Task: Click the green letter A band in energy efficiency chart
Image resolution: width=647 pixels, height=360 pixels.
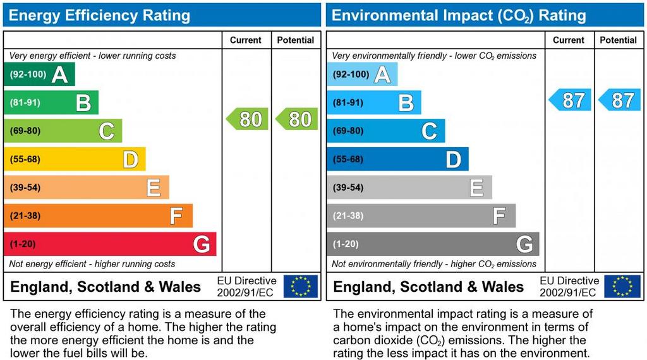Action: coord(39,75)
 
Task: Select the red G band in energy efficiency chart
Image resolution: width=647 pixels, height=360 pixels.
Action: coord(110,244)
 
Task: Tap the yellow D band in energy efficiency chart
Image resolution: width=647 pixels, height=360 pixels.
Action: coord(75,159)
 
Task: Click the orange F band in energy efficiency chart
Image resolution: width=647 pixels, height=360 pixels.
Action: coord(98,216)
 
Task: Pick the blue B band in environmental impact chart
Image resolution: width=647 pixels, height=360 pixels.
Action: coord(374,102)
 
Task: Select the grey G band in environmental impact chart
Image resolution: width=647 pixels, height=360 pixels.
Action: coord(433,244)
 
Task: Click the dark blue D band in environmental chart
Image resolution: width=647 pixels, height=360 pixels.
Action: coord(397,159)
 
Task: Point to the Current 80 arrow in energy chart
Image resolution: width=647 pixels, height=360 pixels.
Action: coord(247,119)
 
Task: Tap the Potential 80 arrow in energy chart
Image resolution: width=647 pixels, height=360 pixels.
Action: coord(296,119)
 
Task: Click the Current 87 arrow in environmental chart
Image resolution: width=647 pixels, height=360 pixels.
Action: coord(570,100)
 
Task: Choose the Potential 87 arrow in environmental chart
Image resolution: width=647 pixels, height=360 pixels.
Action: coord(619,100)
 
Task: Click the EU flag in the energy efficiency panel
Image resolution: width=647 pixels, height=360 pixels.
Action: coord(301,286)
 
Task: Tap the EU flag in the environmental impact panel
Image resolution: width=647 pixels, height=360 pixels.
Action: coord(622,286)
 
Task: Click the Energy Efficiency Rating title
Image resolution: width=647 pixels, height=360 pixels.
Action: coord(99,15)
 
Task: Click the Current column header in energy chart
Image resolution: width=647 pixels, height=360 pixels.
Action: coord(246,40)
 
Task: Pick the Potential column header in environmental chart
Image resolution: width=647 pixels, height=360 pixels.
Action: coord(618,40)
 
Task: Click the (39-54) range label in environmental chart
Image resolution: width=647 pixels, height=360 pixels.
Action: coord(348,188)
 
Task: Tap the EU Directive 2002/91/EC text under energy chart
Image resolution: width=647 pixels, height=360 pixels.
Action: coord(246,286)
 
